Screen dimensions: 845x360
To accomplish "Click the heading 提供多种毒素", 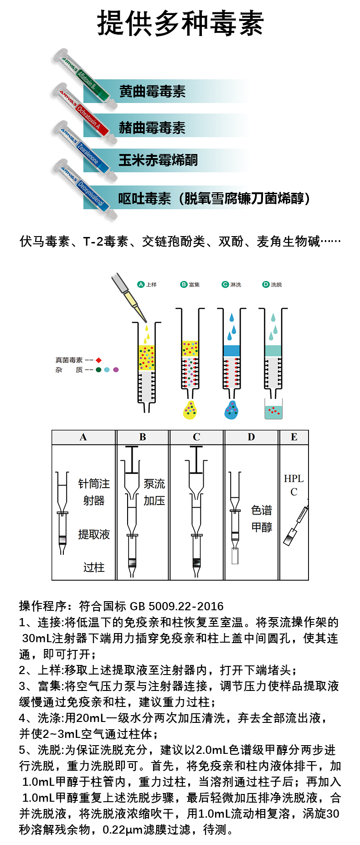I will pyautogui.click(x=180, y=24).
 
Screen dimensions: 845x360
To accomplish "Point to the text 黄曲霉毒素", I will pyautogui.click(x=152, y=92).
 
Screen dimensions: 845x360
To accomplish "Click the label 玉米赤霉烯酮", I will pyautogui.click(x=158, y=160).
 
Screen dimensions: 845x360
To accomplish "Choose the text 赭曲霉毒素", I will pyautogui.click(x=152, y=128).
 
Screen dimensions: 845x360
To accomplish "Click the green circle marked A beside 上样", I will pyautogui.click(x=141, y=284).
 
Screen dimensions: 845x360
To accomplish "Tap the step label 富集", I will pyautogui.click(x=195, y=285).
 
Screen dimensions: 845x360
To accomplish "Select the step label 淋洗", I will pyautogui.click(x=236, y=285).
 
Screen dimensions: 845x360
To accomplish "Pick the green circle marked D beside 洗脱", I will pyautogui.click(x=266, y=284).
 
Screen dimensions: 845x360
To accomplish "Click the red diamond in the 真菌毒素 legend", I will pyautogui.click(x=98, y=360).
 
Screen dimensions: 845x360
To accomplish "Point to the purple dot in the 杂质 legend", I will pyautogui.click(x=116, y=370).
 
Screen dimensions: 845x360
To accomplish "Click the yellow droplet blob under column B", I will pyautogui.click(x=190, y=410).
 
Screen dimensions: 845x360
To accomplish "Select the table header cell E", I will pyautogui.click(x=294, y=437).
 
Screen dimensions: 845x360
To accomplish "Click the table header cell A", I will pyautogui.click(x=83, y=437).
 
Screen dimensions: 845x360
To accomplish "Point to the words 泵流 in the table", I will pyautogui.click(x=154, y=484).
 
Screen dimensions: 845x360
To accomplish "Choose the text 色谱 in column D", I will pyautogui.click(x=262, y=510).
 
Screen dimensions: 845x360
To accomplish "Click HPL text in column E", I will pyautogui.click(x=293, y=479).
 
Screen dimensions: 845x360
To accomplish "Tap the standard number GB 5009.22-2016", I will pyautogui.click(x=177, y=606).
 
